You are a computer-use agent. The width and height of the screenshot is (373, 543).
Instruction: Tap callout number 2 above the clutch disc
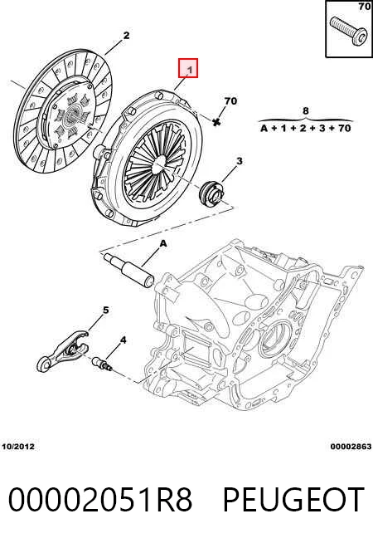point(126,35)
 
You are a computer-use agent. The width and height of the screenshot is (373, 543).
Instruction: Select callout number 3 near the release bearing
point(239,161)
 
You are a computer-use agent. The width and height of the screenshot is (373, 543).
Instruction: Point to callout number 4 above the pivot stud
point(123,340)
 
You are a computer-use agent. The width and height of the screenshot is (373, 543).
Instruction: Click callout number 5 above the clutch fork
point(105,310)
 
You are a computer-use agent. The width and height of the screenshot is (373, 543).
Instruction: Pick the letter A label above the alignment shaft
point(162,244)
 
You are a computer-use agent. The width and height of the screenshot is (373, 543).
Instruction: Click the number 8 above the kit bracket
point(305,110)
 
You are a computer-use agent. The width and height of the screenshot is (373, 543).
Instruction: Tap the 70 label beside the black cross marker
point(230,101)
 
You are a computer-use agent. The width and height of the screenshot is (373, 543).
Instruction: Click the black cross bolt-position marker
point(216,122)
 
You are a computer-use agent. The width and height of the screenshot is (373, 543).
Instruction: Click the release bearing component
point(211,193)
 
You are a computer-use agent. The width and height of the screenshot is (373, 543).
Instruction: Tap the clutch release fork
point(62,351)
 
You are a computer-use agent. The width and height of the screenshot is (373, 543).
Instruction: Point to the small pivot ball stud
point(101,364)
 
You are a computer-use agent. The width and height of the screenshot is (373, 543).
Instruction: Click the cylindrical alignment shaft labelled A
point(128,270)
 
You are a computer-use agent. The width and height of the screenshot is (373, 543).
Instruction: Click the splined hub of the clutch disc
point(72,114)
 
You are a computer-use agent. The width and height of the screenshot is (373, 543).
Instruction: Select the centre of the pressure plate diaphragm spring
point(160,163)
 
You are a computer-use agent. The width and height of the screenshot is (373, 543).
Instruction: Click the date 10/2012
point(18,447)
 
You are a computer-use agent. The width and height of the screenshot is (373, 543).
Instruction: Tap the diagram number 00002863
point(351,447)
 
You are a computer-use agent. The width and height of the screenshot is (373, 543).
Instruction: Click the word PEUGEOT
point(293,500)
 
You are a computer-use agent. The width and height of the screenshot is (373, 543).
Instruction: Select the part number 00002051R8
point(100,500)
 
